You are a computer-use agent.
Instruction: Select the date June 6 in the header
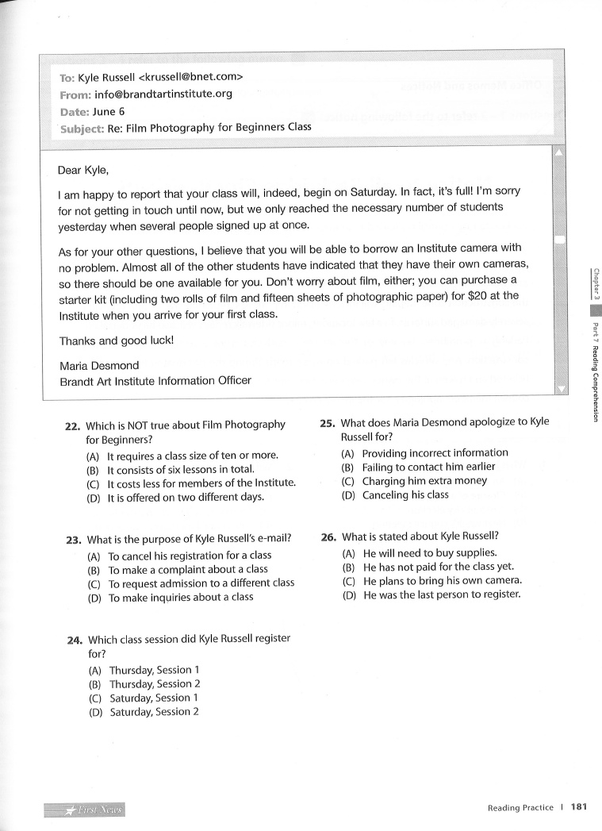109,110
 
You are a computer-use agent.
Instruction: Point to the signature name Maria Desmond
98,365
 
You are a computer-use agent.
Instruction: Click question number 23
74,540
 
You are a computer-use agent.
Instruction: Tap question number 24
75,640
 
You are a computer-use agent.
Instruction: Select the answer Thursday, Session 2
155,684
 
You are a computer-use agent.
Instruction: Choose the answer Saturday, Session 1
155,698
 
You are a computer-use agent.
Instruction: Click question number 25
328,423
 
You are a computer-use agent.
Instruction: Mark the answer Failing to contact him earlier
428,467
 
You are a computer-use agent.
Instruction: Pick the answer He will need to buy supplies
429,552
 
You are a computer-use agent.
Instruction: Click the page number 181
578,808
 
